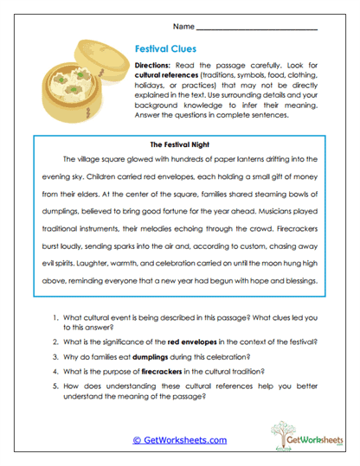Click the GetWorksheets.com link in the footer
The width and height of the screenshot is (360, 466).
point(180,440)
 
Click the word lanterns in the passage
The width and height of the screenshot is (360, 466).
point(247,160)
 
